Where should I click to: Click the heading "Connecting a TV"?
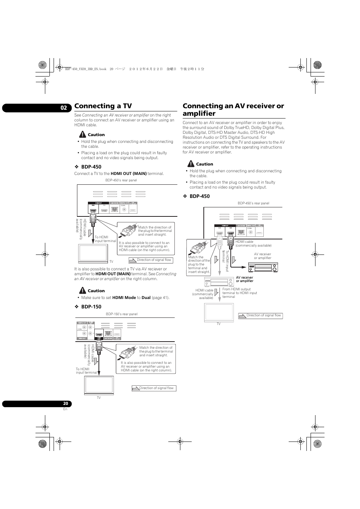coord(103,106)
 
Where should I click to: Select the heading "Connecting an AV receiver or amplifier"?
coord(233,110)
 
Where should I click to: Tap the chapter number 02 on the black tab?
coord(64,108)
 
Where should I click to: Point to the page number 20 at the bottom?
coord(66,403)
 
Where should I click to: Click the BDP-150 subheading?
coord(91,307)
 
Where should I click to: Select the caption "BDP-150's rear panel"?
coord(122,314)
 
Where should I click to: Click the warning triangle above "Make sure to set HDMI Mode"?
coord(83,290)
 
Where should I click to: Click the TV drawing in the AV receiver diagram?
coord(219,312)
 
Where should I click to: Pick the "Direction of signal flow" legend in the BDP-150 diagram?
coord(154,388)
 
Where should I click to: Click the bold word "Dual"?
coord(146,298)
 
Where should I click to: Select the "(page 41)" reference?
coord(160,298)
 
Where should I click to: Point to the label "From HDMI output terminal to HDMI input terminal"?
coord(240,293)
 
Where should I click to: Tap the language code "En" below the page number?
coord(65,409)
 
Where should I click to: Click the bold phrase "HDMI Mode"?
coord(124,298)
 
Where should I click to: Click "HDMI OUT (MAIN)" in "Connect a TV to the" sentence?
coord(128,174)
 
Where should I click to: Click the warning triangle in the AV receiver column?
coord(191,164)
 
